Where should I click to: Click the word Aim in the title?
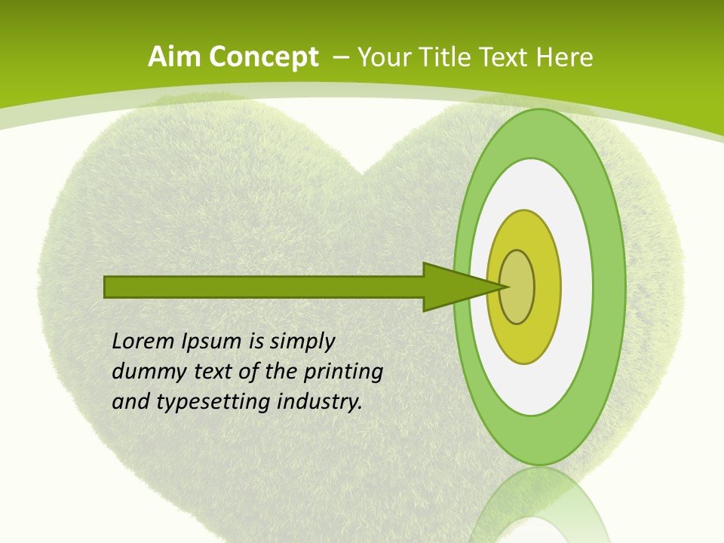[175, 57]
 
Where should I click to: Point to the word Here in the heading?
[563, 57]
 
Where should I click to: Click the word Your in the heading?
[384, 57]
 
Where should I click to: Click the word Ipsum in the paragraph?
[212, 342]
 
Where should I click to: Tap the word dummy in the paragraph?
[144, 372]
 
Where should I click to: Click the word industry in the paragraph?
[320, 402]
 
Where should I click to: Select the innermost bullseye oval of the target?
[517, 287]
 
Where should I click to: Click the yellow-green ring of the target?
[547, 287]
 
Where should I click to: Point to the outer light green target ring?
[609, 287]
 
